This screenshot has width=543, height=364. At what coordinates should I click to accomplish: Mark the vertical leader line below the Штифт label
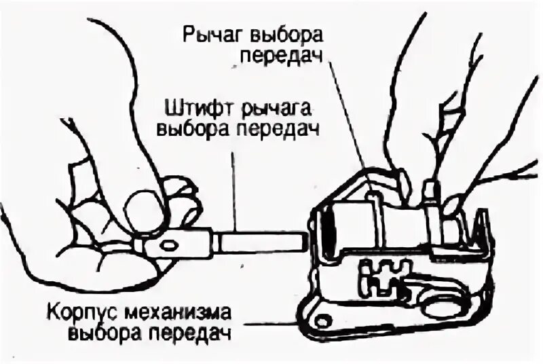coord(235,183)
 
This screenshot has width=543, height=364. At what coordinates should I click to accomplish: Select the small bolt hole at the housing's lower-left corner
coord(323,316)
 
